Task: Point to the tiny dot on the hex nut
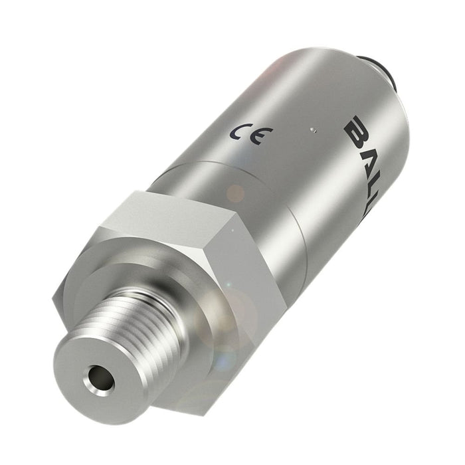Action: tap(232, 230)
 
